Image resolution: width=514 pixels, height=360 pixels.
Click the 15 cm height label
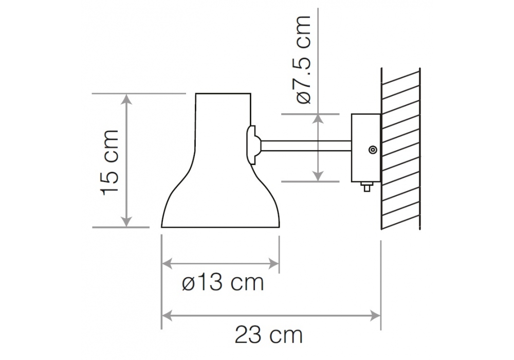tap(110, 163)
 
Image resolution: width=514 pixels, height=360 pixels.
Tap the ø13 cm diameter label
tap(223, 282)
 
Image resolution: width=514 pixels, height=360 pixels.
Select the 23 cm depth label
tap(269, 335)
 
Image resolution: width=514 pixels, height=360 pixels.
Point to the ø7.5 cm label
tap(302, 60)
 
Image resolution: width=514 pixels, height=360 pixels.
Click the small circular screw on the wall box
tap(373, 150)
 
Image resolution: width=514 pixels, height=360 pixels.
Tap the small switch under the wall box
tap(367, 187)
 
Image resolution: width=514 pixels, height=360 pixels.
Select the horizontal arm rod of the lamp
tap(306, 146)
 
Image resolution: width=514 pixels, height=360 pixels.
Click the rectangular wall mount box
tap(366, 148)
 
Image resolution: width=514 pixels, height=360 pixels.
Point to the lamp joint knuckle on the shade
tap(254, 145)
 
